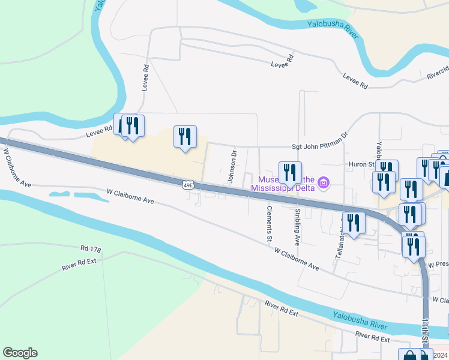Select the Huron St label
(x=361, y=163)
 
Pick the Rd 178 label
(x=92, y=248)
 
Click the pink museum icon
(x=324, y=182)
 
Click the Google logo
(x=20, y=353)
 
